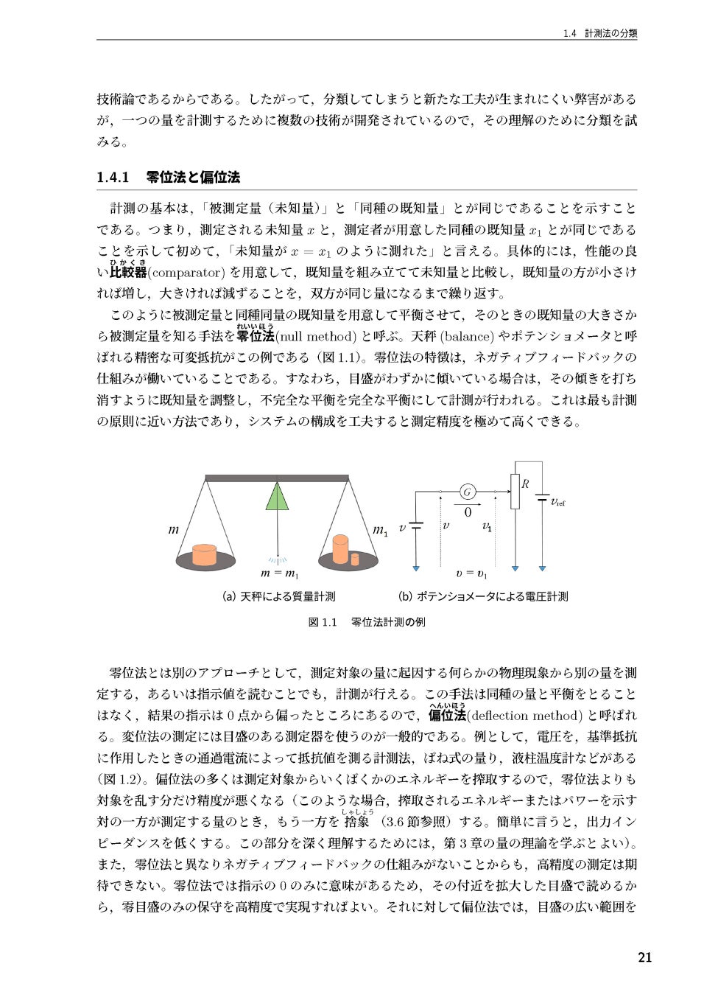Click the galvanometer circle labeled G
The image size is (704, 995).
(x=467, y=492)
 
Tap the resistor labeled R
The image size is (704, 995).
(x=515, y=492)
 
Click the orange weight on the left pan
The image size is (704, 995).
(x=204, y=554)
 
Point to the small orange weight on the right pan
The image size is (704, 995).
(x=355, y=559)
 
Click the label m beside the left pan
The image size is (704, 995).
(x=174, y=529)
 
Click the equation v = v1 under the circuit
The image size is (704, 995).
(x=471, y=573)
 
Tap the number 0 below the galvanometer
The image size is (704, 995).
(x=467, y=512)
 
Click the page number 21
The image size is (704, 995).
(x=644, y=957)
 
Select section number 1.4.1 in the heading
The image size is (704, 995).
(x=113, y=177)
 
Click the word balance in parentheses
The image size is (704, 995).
(x=466, y=337)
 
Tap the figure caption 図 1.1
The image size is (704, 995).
(x=322, y=622)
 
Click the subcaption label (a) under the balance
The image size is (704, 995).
(x=229, y=596)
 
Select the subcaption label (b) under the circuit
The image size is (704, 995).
(x=405, y=596)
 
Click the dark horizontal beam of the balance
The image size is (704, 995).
(x=277, y=478)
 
